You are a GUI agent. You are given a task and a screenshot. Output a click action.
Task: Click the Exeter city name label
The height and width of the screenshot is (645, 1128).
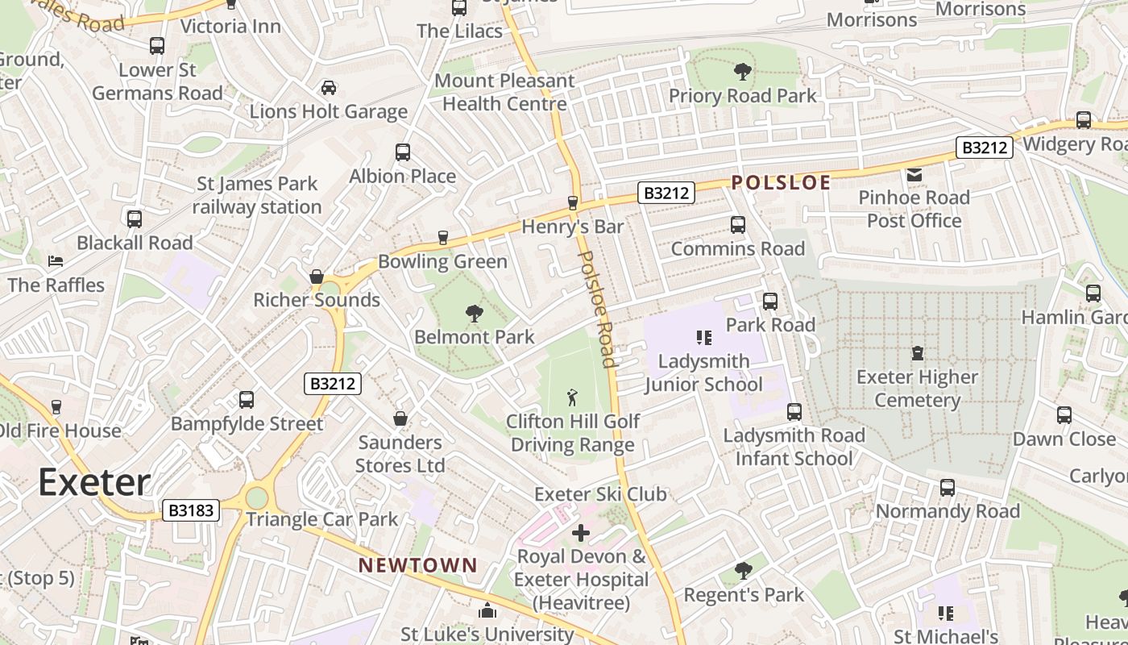pyautogui.click(x=93, y=482)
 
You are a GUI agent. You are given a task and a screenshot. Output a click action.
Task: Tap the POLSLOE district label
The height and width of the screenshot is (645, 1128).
pyautogui.click(x=781, y=182)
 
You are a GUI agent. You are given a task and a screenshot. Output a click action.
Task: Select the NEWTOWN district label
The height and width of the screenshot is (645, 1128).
pyautogui.click(x=418, y=565)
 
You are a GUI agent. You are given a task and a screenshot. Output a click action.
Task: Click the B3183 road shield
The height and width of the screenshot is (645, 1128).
pyautogui.click(x=191, y=510)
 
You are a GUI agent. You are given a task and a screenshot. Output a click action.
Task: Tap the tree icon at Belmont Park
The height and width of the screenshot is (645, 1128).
pyautogui.click(x=474, y=313)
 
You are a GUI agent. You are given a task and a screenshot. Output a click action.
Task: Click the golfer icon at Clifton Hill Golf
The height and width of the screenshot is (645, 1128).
pyautogui.click(x=573, y=397)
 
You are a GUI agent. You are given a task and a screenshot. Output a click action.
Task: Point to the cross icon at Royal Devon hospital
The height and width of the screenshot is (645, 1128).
pyautogui.click(x=581, y=533)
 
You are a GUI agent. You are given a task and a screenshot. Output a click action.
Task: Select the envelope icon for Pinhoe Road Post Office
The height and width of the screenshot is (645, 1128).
pyautogui.click(x=914, y=174)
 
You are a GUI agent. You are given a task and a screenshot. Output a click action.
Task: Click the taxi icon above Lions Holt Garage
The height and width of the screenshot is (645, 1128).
pyautogui.click(x=329, y=87)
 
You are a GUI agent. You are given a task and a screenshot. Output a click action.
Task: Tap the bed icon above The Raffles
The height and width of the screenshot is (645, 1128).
pyautogui.click(x=56, y=261)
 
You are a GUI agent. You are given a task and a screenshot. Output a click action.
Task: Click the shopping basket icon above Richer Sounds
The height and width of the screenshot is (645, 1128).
pyautogui.click(x=317, y=277)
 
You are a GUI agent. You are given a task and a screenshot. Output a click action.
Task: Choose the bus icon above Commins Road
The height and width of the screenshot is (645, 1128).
pyautogui.click(x=737, y=225)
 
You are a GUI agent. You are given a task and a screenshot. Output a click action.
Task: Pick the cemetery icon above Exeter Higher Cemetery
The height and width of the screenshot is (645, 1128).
pyautogui.click(x=917, y=353)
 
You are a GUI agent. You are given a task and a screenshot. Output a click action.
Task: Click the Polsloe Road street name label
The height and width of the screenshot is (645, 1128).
pyautogui.click(x=597, y=309)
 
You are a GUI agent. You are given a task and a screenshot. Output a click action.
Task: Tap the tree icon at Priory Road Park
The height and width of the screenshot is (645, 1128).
pyautogui.click(x=742, y=72)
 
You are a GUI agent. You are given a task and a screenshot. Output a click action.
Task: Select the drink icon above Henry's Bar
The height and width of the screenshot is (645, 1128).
pyautogui.click(x=573, y=202)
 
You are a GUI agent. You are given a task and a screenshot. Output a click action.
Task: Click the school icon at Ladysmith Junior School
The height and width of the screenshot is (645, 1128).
pyautogui.click(x=704, y=338)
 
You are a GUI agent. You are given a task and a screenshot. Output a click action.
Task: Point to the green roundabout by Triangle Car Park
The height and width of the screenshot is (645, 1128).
pyautogui.click(x=256, y=497)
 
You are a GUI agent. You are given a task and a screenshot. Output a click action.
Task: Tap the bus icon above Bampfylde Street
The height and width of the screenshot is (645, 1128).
pyautogui.click(x=247, y=400)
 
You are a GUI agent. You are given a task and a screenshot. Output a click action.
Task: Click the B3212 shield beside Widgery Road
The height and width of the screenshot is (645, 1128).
pyautogui.click(x=984, y=148)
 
